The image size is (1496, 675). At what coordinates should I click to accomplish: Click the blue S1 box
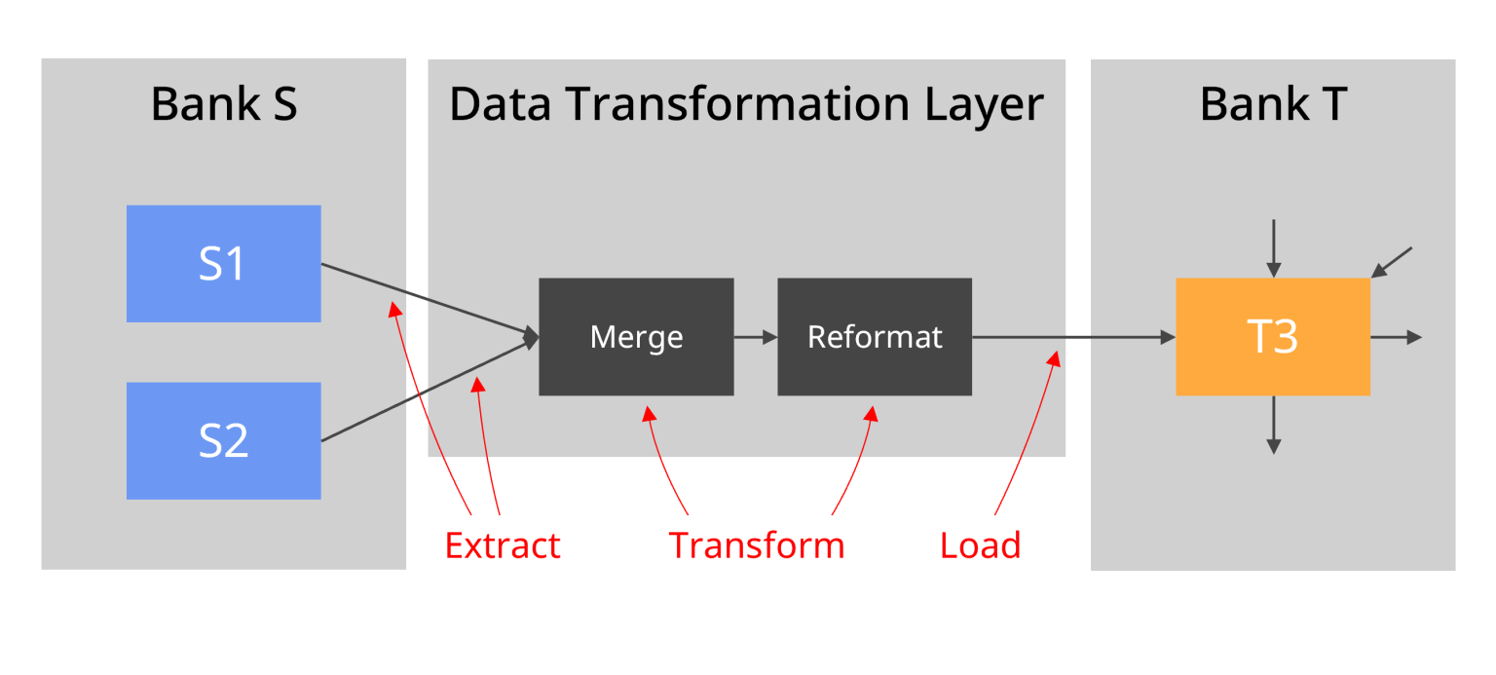click(223, 263)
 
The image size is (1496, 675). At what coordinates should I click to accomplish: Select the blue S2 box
click(223, 440)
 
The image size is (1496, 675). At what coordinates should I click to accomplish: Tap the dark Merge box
click(636, 337)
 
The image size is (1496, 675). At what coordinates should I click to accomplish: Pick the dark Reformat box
click(874, 337)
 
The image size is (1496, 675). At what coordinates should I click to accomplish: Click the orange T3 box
click(1272, 337)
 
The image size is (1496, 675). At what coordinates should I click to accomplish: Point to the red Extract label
click(503, 545)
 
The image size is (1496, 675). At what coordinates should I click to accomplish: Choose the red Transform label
click(757, 545)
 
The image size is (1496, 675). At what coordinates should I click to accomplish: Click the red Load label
click(981, 545)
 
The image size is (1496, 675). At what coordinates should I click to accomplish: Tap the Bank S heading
click(223, 104)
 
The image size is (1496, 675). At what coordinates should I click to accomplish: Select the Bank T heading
click(1272, 104)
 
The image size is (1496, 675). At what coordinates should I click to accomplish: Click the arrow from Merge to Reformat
click(756, 337)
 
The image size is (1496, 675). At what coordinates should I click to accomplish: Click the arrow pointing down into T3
click(1272, 249)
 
